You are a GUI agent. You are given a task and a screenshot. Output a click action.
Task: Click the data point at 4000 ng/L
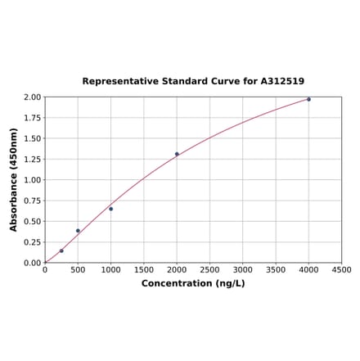pos(308,99)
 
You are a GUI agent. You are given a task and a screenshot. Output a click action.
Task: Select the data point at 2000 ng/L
pos(177,154)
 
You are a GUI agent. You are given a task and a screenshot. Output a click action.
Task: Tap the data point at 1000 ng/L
pos(111,209)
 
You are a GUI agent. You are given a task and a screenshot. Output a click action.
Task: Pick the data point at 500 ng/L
pos(78,231)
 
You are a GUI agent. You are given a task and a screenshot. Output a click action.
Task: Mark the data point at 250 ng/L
pos(61,250)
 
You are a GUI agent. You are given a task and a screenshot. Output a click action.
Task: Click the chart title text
pos(193,81)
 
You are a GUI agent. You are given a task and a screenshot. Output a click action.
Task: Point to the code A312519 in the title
pos(282,81)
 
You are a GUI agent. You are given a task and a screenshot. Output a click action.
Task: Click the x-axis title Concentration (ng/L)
pos(193,283)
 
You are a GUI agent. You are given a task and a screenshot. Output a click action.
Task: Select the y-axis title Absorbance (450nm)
pos(14,179)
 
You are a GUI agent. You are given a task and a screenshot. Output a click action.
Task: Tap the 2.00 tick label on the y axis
pos(32,97)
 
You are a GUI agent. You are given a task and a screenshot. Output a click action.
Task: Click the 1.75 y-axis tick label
pos(32,118)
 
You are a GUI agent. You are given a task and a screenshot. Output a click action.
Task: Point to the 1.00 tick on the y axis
pos(32,180)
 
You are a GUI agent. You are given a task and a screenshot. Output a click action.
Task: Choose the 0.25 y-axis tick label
pos(32,242)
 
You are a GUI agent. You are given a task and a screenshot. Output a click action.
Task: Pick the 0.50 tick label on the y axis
pos(32,221)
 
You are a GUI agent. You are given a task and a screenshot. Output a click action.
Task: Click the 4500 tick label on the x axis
pos(342,270)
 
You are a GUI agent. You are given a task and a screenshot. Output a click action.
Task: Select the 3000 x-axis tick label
pos(243,270)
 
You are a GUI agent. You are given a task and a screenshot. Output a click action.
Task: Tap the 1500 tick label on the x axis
pos(144,270)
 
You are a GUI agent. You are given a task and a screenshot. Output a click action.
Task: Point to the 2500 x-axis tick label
pos(209,270)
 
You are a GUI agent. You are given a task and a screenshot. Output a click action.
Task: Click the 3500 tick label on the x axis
pos(276,270)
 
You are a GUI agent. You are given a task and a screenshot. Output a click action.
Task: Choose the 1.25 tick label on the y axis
pos(32,159)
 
